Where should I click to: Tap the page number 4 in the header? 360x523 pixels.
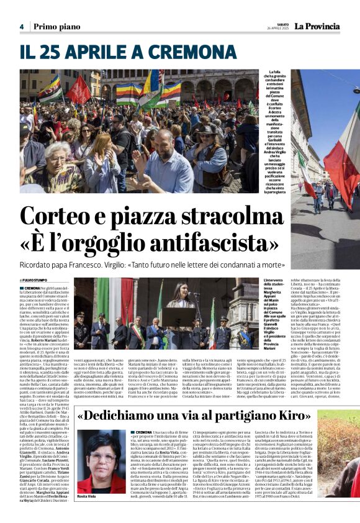pos(21,27)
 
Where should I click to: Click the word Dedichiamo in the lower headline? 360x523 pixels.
pos(124,415)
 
